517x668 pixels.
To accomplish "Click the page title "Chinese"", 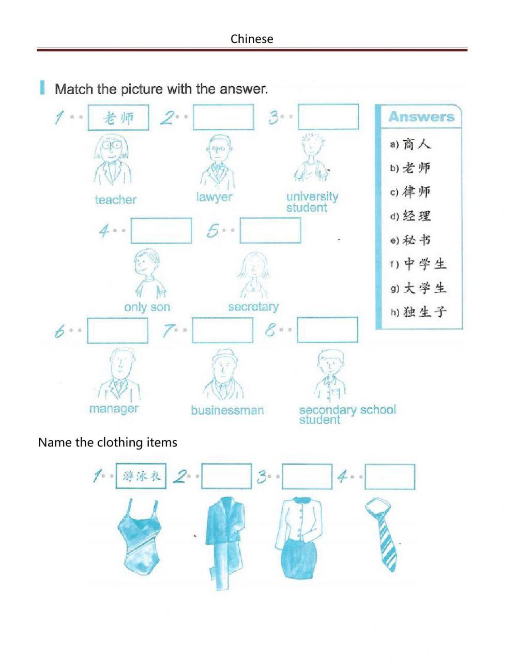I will click(x=252, y=39).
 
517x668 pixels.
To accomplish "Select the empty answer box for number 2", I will click(x=223, y=117).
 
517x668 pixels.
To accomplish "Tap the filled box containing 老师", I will click(x=118, y=118).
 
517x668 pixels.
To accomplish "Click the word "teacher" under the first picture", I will click(x=116, y=200).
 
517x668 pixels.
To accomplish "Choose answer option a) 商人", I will click(x=411, y=144).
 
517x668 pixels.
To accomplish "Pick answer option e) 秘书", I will click(x=411, y=240).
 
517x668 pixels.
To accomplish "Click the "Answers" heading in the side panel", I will click(x=421, y=117).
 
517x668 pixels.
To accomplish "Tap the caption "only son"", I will click(x=147, y=307).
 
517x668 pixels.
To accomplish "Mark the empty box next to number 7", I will click(x=222, y=330).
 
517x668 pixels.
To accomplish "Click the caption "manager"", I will click(x=114, y=409).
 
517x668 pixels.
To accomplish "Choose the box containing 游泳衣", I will click(x=141, y=477).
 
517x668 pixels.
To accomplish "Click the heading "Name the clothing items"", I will click(x=108, y=442).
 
